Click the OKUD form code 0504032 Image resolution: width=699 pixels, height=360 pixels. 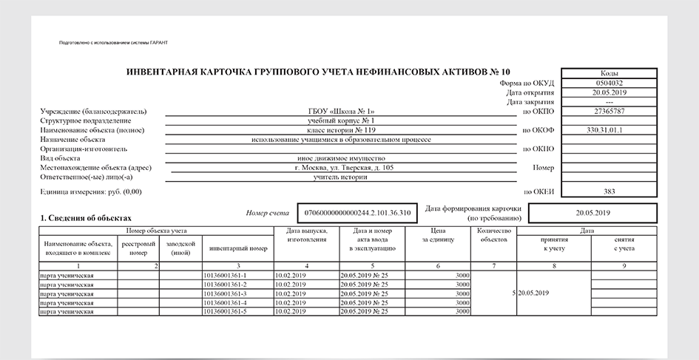point(609,84)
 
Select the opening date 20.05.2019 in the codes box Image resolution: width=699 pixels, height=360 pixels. point(609,92)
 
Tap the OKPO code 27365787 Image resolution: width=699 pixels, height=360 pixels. point(609,112)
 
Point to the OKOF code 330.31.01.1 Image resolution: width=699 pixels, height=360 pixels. point(609,130)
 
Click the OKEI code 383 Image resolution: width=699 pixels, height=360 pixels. point(609,191)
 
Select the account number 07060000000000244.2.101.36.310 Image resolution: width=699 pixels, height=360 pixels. point(358,213)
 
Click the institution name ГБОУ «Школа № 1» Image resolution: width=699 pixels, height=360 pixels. point(341,112)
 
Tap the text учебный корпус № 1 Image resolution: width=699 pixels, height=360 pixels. point(341,120)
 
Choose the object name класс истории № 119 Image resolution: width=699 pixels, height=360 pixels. point(341,130)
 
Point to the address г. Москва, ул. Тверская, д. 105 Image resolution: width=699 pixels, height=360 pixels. point(343,168)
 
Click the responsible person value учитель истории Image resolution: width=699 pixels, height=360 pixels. point(341,177)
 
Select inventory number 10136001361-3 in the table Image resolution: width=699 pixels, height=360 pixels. point(224,293)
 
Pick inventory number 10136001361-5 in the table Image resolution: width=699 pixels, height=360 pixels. point(224,312)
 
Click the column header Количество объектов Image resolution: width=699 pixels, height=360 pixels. point(494,235)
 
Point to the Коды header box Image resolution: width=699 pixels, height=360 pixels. point(609,73)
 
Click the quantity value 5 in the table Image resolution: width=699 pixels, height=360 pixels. point(513,293)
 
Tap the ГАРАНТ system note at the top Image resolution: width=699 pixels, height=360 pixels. point(113,43)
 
